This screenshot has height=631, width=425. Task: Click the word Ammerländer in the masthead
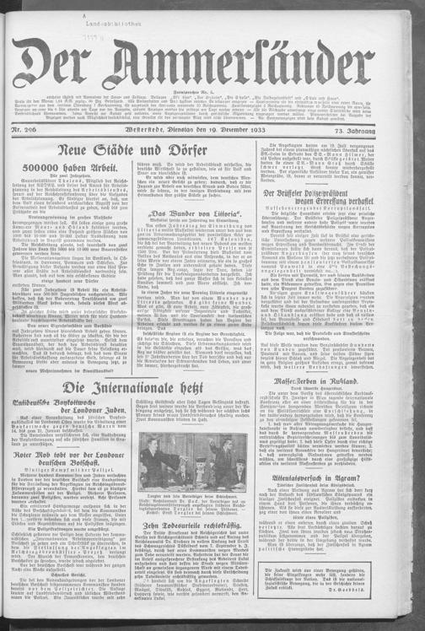pos(253,62)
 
